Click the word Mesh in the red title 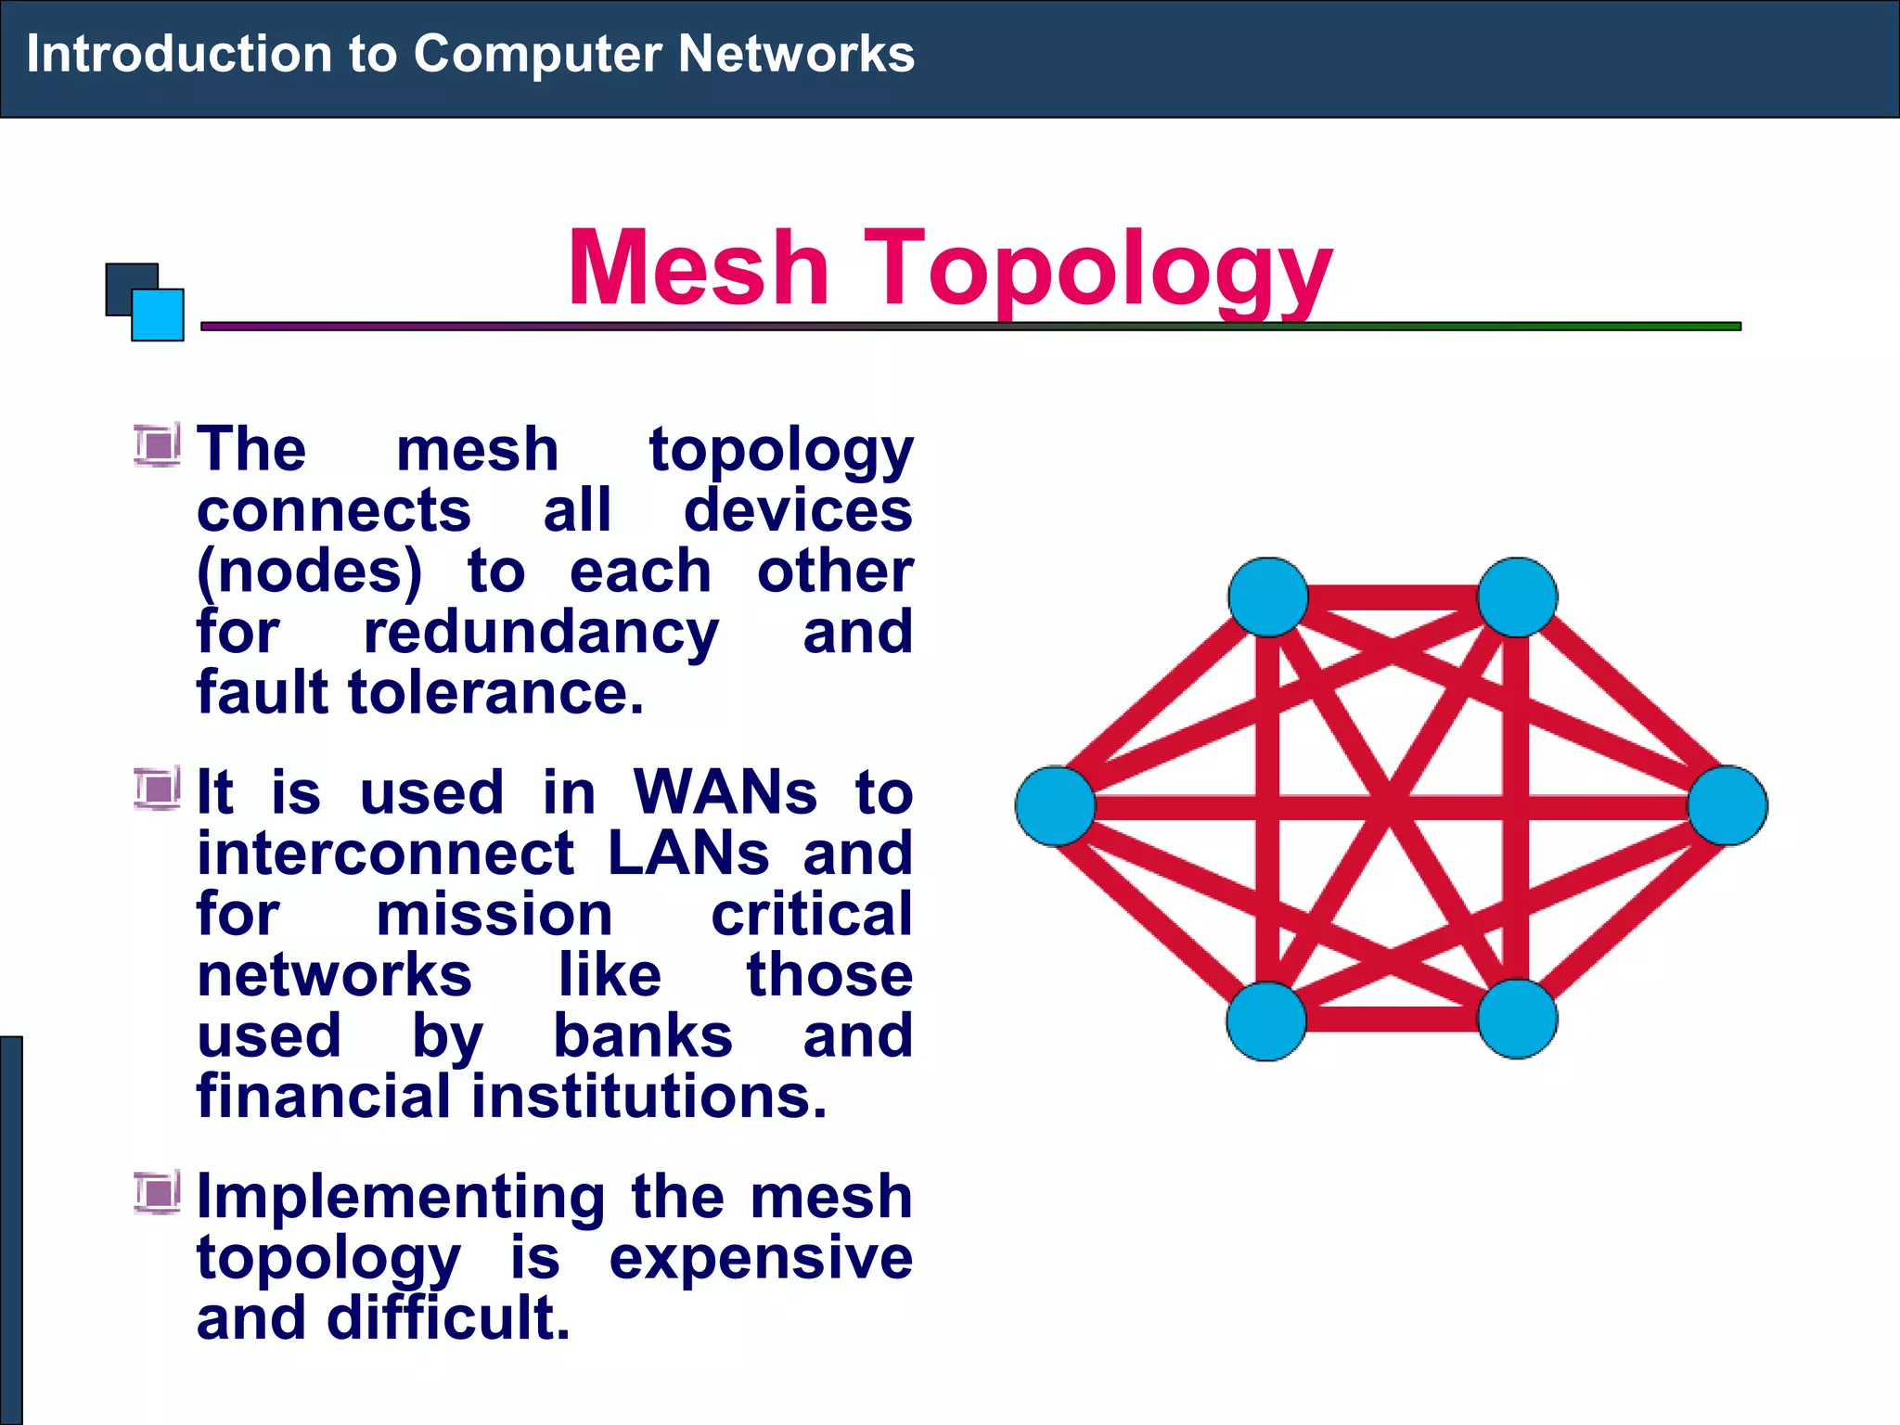point(698,268)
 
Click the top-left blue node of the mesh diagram point(1267,597)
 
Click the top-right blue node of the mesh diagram point(1517,597)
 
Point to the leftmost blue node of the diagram point(1055,805)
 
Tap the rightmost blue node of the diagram point(1727,805)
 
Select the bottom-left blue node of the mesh point(1266,1021)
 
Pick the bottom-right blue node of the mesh point(1517,1019)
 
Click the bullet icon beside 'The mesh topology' point(157,446)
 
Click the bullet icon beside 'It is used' point(157,790)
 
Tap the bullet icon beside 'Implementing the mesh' point(157,1193)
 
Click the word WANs point(725,793)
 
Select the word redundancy point(541,633)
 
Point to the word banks point(643,1036)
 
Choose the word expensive point(761,1259)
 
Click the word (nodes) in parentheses point(310,571)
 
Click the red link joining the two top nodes point(1392,597)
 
